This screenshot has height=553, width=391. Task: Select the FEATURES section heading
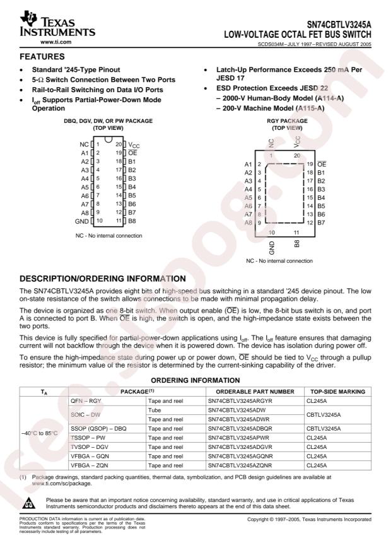(x=35, y=57)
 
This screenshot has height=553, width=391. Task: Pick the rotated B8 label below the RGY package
(x=296, y=243)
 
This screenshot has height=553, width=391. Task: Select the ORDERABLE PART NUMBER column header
(x=250, y=391)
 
